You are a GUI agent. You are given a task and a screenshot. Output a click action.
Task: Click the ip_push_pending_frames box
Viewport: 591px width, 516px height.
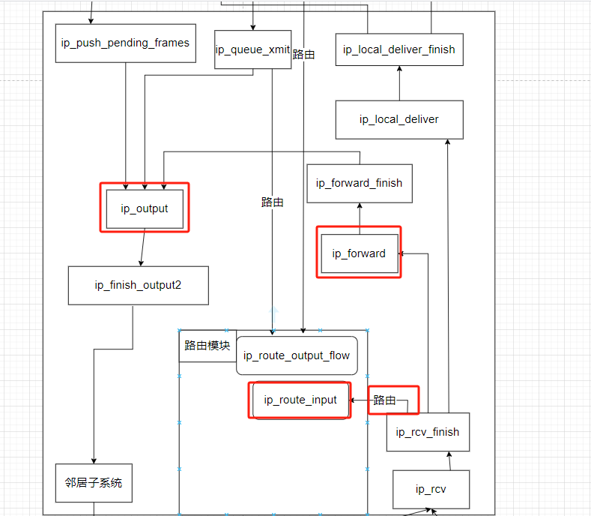coord(126,43)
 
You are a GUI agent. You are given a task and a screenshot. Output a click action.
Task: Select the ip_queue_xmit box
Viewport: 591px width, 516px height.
coord(252,49)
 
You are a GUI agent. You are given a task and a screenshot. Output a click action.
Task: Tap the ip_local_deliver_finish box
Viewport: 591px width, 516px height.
coord(398,49)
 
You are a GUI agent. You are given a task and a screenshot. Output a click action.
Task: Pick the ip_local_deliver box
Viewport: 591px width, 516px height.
coord(398,119)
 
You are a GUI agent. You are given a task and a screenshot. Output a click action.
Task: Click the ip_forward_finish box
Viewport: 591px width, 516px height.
coord(359,183)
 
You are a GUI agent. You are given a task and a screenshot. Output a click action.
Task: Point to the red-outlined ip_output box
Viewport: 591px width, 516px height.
coord(145,208)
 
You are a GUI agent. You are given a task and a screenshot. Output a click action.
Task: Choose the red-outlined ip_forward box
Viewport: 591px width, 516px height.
coord(359,253)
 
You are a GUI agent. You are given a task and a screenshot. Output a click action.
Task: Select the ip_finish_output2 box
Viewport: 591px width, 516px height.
coord(138,285)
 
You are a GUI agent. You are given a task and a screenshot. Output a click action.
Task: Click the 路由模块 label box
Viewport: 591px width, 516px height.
coord(207,346)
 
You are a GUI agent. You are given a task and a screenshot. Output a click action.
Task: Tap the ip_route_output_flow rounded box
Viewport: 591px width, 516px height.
coord(297,355)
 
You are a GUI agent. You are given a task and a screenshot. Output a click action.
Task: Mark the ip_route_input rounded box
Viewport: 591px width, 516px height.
coord(300,400)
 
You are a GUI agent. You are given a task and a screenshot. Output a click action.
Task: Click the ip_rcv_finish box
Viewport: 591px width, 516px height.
coord(428,432)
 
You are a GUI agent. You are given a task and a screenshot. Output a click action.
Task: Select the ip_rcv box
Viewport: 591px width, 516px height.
coord(431,489)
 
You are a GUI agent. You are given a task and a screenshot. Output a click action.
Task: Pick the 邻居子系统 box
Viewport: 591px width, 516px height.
coord(94,483)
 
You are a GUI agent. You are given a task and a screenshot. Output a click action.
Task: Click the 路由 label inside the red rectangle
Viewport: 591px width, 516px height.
coord(384,400)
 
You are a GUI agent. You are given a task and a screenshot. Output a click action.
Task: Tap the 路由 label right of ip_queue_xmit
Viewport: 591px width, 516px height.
coord(303,55)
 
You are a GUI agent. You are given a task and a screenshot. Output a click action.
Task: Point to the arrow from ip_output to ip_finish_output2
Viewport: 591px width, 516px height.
coord(142,248)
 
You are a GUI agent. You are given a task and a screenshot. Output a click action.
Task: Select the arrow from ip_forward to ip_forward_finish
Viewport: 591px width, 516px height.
coord(359,218)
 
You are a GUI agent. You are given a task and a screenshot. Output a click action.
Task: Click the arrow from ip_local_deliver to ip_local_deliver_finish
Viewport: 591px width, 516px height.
coord(399,83)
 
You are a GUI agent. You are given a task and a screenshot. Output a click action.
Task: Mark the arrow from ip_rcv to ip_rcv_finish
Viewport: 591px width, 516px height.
coord(447,460)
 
